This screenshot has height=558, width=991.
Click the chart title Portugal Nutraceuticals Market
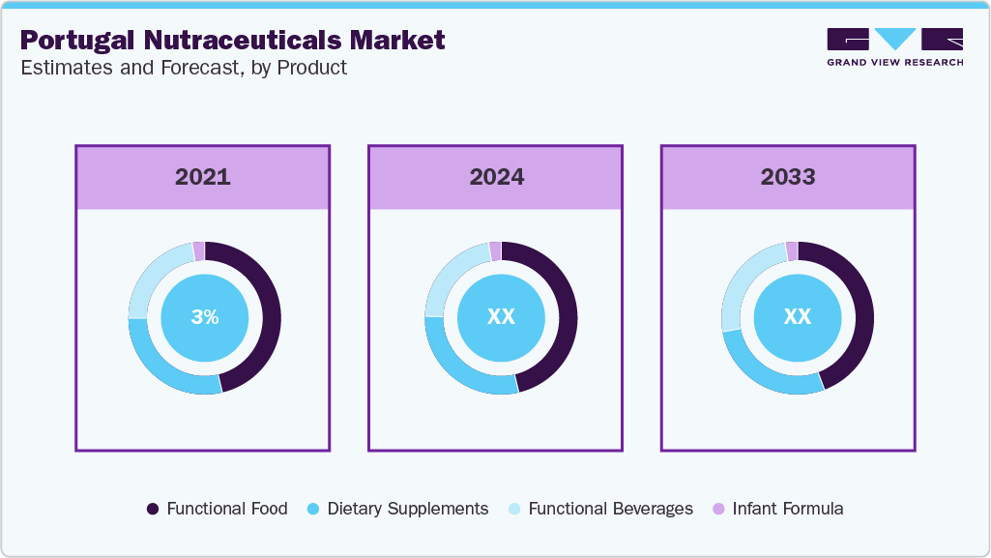point(232,41)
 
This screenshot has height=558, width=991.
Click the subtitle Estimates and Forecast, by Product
point(183,69)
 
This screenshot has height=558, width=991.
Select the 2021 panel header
point(203,177)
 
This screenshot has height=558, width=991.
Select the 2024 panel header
point(496,177)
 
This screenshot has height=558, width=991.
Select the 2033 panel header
point(788,177)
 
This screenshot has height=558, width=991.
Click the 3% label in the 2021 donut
point(204,317)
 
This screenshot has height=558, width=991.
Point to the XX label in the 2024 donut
point(501,317)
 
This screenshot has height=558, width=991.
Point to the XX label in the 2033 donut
point(797,317)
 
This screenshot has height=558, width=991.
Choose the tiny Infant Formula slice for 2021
point(199,251)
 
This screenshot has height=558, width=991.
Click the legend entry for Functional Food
point(217,509)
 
